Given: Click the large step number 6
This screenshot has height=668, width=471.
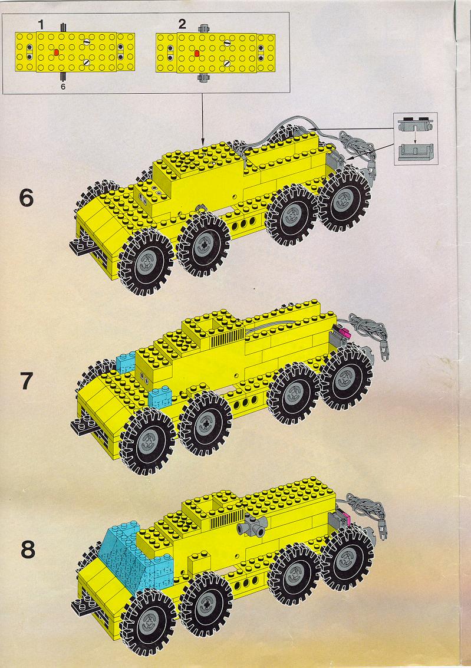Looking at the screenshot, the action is pyautogui.click(x=26, y=198).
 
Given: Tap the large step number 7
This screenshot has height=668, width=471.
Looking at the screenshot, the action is pyautogui.click(x=27, y=381).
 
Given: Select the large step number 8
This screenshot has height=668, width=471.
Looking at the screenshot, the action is pyautogui.click(x=28, y=549).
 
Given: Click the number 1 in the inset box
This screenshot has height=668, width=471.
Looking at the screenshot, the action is pyautogui.click(x=41, y=25).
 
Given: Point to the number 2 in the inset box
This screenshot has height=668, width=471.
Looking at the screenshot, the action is pyautogui.click(x=182, y=24).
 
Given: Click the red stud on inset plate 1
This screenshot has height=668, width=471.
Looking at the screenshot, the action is pyautogui.click(x=56, y=52).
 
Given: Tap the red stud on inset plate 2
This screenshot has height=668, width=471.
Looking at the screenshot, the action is pyautogui.click(x=197, y=53).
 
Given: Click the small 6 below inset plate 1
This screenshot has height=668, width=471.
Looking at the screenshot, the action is pyautogui.click(x=63, y=87).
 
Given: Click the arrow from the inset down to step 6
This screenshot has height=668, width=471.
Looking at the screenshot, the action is pyautogui.click(x=202, y=119).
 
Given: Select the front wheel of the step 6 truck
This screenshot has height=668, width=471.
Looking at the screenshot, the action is pyautogui.click(x=146, y=262).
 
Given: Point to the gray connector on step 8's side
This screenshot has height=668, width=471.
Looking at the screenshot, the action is pyautogui.click(x=253, y=525).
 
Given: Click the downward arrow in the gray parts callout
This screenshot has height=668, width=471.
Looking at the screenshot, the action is pyautogui.click(x=415, y=136).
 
